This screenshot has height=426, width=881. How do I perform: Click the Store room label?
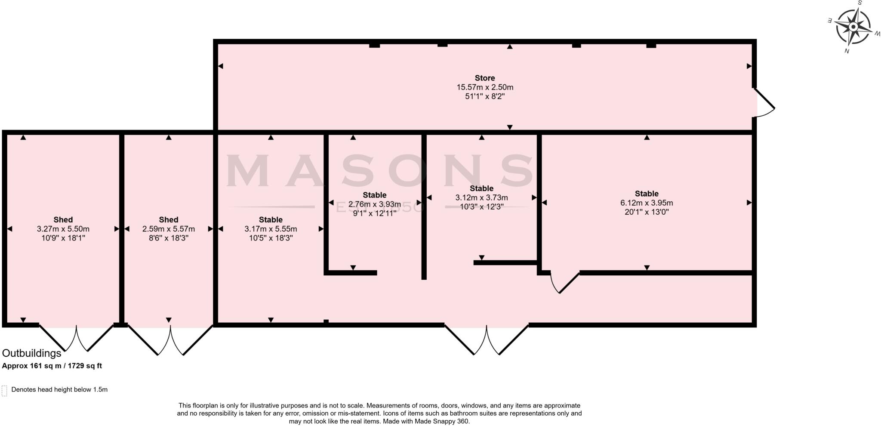pos(485,78)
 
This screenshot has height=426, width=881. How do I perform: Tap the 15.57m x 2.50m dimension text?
pos(485,87)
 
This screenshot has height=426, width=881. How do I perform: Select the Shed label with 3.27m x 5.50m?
pos(63,219)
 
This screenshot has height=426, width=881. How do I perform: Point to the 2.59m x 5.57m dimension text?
pos(169,229)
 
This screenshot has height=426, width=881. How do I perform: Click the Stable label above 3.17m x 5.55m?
pos(271,219)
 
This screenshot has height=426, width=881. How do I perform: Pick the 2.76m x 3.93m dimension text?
pos(374,204)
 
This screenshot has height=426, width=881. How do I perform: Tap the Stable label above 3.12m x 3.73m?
pos(481,188)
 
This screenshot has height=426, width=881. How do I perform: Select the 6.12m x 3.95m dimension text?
pos(647,203)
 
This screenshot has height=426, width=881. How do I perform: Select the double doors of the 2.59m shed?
pos(170,340)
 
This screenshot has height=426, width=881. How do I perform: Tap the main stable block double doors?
pos(487,340)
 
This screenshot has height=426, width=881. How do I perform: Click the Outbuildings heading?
pos(32,353)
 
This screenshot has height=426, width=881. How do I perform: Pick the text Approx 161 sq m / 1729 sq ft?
pos(52,366)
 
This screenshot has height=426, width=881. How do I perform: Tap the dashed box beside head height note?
pos(5,390)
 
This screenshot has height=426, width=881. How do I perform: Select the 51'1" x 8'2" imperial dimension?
pos(485,96)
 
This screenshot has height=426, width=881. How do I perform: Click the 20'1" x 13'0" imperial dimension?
pos(647,212)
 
